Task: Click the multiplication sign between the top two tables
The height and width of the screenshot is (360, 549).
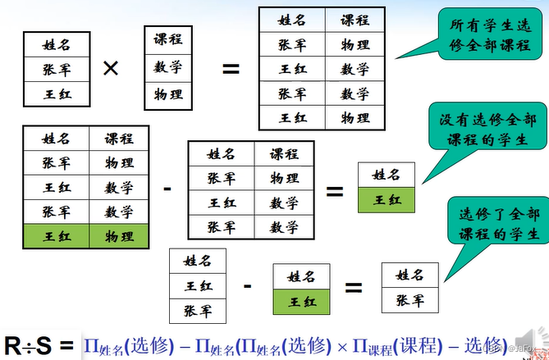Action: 110,68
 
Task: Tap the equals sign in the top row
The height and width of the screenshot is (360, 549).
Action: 231,68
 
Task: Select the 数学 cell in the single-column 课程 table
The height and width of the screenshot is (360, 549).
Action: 168,67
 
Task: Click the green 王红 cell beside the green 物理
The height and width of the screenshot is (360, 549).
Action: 57,236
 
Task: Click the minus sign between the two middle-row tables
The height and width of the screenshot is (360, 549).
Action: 167,189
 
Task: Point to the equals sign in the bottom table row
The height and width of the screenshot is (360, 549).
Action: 353,288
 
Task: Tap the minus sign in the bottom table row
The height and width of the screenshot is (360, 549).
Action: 247,286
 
